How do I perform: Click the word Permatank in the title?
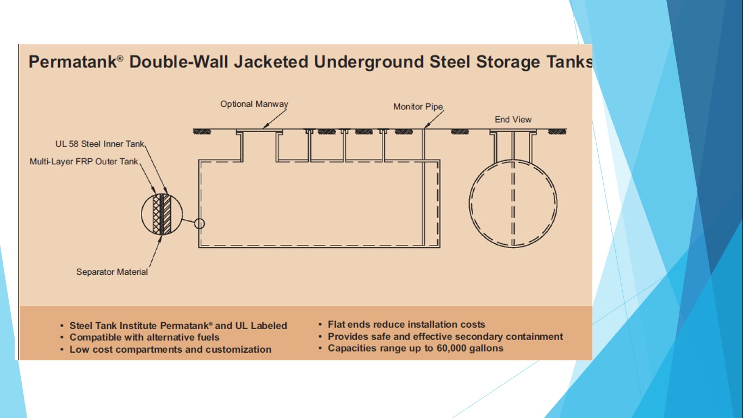[x=72, y=62]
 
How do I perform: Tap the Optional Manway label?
[x=254, y=104]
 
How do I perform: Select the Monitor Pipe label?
[x=418, y=107]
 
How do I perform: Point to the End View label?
[x=513, y=119]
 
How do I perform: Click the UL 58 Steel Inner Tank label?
[x=100, y=144]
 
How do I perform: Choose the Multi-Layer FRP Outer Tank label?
[x=84, y=162]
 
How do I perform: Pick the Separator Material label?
[x=112, y=272]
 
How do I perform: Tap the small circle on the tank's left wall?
[x=200, y=223]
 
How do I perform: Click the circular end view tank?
[x=513, y=204]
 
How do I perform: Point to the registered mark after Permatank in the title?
[x=120, y=58]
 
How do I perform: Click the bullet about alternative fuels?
[x=144, y=337]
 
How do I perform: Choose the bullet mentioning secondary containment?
[x=445, y=336]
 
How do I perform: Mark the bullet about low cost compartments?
[x=170, y=349]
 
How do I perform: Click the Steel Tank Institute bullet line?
[x=178, y=325]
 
